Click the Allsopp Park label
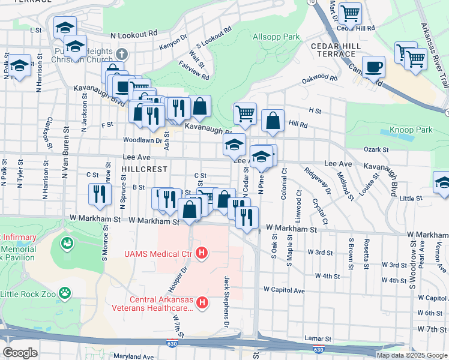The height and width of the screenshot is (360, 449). [276, 37]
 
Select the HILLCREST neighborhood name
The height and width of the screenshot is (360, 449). [142, 170]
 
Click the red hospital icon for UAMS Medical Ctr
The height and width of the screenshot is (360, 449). [202, 254]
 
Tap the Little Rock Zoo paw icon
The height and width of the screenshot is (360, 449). [64, 293]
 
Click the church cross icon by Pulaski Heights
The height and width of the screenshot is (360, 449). [121, 54]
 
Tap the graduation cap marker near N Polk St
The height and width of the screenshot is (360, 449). [20, 65]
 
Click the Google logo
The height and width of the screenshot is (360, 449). [20, 353]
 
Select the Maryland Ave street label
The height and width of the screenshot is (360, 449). [134, 356]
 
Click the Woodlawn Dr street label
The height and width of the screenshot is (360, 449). [139, 140]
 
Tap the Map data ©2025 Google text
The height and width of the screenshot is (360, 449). [411, 355]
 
